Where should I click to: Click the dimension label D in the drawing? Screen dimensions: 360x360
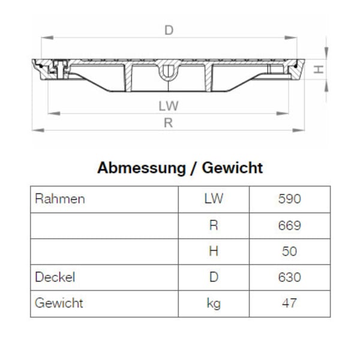[169, 30]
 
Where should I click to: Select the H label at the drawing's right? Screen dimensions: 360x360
[320, 69]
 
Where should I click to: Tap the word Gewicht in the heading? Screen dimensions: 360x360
[232, 168]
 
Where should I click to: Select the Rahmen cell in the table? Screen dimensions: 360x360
[60, 199]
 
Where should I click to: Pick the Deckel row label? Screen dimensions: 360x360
[55, 277]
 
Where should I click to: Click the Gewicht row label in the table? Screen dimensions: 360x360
[59, 303]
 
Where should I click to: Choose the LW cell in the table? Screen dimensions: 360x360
[213, 199]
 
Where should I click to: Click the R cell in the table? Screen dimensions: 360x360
[213, 226]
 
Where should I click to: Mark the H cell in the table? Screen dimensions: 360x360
[213, 251]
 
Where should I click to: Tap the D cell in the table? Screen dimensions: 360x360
[213, 277]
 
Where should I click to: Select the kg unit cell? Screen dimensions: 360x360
[213, 304]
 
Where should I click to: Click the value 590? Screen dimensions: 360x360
[289, 199]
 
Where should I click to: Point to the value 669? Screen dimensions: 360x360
[289, 226]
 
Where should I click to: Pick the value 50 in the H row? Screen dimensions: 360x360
[289, 251]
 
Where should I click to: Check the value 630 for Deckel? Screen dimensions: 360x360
[289, 277]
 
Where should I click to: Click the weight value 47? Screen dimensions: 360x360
[289, 304]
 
